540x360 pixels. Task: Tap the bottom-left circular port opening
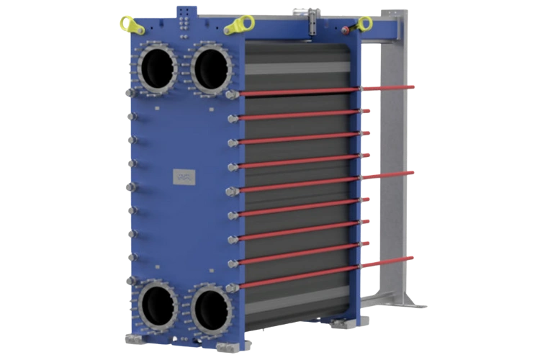(x=158, y=305)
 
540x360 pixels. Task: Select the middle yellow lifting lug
(x=237, y=27)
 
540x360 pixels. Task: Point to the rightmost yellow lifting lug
(x=365, y=24)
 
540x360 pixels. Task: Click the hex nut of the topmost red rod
(x=230, y=95)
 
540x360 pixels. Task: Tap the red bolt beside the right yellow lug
(x=346, y=30)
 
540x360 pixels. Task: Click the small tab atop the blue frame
(x=188, y=11)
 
